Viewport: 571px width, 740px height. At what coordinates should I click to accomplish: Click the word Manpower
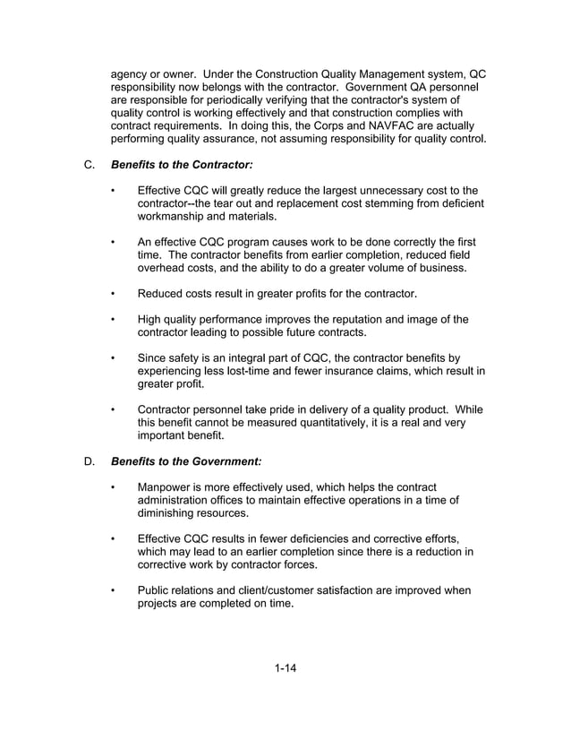coord(168,486)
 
